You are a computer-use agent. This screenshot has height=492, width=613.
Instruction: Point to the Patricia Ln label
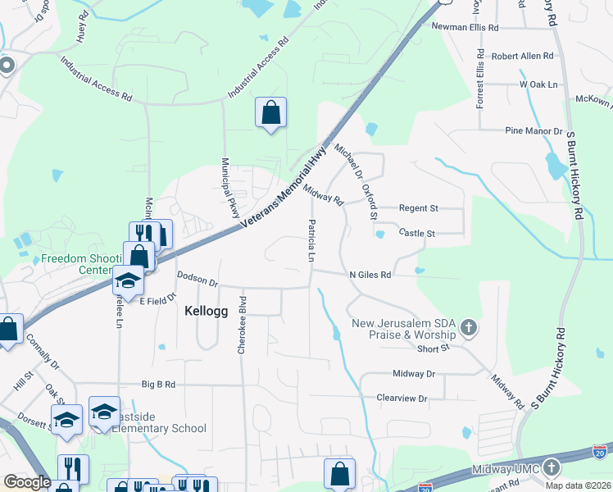click(311, 240)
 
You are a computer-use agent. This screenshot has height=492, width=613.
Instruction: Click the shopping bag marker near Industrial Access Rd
click(270, 113)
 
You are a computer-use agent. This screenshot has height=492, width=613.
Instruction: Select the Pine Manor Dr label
click(534, 131)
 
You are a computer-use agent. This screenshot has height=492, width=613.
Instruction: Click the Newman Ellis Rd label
click(465, 27)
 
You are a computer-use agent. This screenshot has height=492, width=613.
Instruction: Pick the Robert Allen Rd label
click(523, 57)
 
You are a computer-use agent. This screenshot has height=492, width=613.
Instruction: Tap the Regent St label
click(419, 209)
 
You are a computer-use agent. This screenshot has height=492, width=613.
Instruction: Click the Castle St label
click(417, 234)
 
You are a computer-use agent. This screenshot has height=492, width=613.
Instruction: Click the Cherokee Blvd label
click(242, 325)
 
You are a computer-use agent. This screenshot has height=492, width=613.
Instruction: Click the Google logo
click(27, 482)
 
